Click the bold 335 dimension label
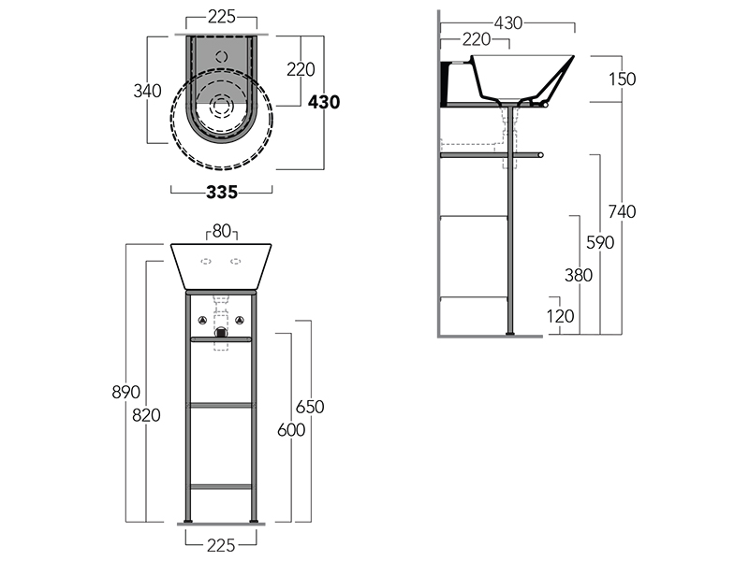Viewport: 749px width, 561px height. [222, 193]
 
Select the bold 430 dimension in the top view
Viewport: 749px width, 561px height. [324, 102]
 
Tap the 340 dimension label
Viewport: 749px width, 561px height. [147, 91]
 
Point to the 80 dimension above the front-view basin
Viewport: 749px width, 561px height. [222, 231]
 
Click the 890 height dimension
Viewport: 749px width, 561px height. [125, 392]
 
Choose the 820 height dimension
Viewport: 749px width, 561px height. [146, 415]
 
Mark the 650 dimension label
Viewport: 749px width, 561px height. [310, 407]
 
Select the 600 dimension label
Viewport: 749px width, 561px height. [291, 430]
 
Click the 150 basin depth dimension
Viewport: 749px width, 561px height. [622, 79]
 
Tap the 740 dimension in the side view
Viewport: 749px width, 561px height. [622, 211]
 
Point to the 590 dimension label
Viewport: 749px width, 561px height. [600, 243]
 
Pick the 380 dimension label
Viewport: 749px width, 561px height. [579, 275]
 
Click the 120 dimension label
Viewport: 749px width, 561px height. [560, 316]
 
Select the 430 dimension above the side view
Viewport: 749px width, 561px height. [507, 22]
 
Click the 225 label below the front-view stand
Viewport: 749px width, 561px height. [221, 545]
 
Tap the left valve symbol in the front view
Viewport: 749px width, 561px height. [202, 320]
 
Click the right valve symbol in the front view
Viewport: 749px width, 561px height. [240, 320]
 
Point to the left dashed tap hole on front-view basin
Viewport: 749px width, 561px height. [206, 262]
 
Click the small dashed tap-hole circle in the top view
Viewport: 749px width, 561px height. [221, 57]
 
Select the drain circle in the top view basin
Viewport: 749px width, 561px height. [221, 106]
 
